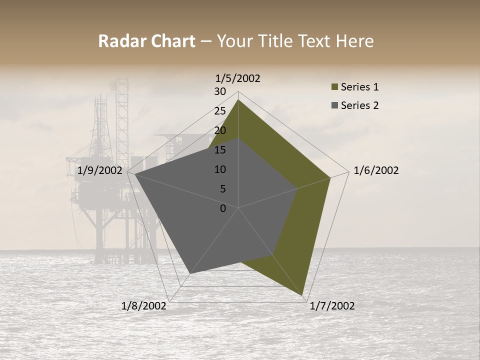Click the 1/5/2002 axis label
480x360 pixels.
237,78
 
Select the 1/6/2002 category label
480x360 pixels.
376,170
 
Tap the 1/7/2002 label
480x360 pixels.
332,306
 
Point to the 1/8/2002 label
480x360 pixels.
143,306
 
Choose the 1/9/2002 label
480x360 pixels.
100,170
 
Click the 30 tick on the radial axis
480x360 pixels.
220,91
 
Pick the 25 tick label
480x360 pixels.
220,111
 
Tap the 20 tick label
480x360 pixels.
220,130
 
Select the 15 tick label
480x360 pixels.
220,150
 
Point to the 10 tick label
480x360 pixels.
220,169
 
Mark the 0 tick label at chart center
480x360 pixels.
223,208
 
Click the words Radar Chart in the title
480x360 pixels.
146,41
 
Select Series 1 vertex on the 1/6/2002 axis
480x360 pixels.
330,177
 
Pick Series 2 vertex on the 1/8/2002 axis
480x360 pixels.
190,273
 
